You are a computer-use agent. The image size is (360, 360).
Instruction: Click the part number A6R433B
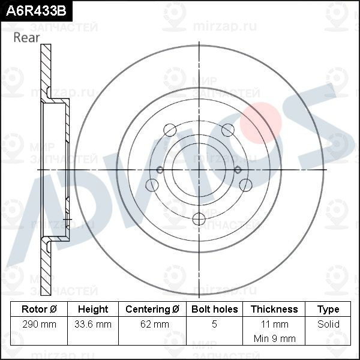[x=36, y=11]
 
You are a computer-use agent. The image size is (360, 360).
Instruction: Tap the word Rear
[x=26, y=37]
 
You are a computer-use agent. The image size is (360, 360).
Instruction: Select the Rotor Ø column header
[x=39, y=309]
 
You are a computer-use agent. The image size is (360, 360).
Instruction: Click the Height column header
[x=93, y=309]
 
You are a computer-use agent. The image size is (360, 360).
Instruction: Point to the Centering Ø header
[x=152, y=309]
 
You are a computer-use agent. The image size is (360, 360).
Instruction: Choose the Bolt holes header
[x=214, y=309]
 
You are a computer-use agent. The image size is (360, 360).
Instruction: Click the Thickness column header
[x=274, y=309]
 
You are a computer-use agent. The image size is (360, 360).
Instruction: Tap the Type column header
[x=328, y=309]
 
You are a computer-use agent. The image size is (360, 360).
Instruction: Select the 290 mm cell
[x=39, y=324]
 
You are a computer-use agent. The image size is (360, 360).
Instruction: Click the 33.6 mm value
[x=93, y=324]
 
